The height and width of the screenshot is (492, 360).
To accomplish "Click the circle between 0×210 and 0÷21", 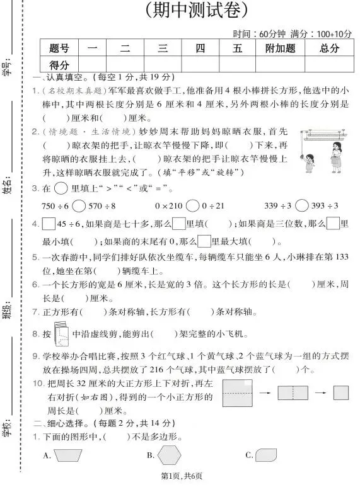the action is (x=192, y=206).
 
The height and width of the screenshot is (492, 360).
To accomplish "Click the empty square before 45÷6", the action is (x=49, y=224).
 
